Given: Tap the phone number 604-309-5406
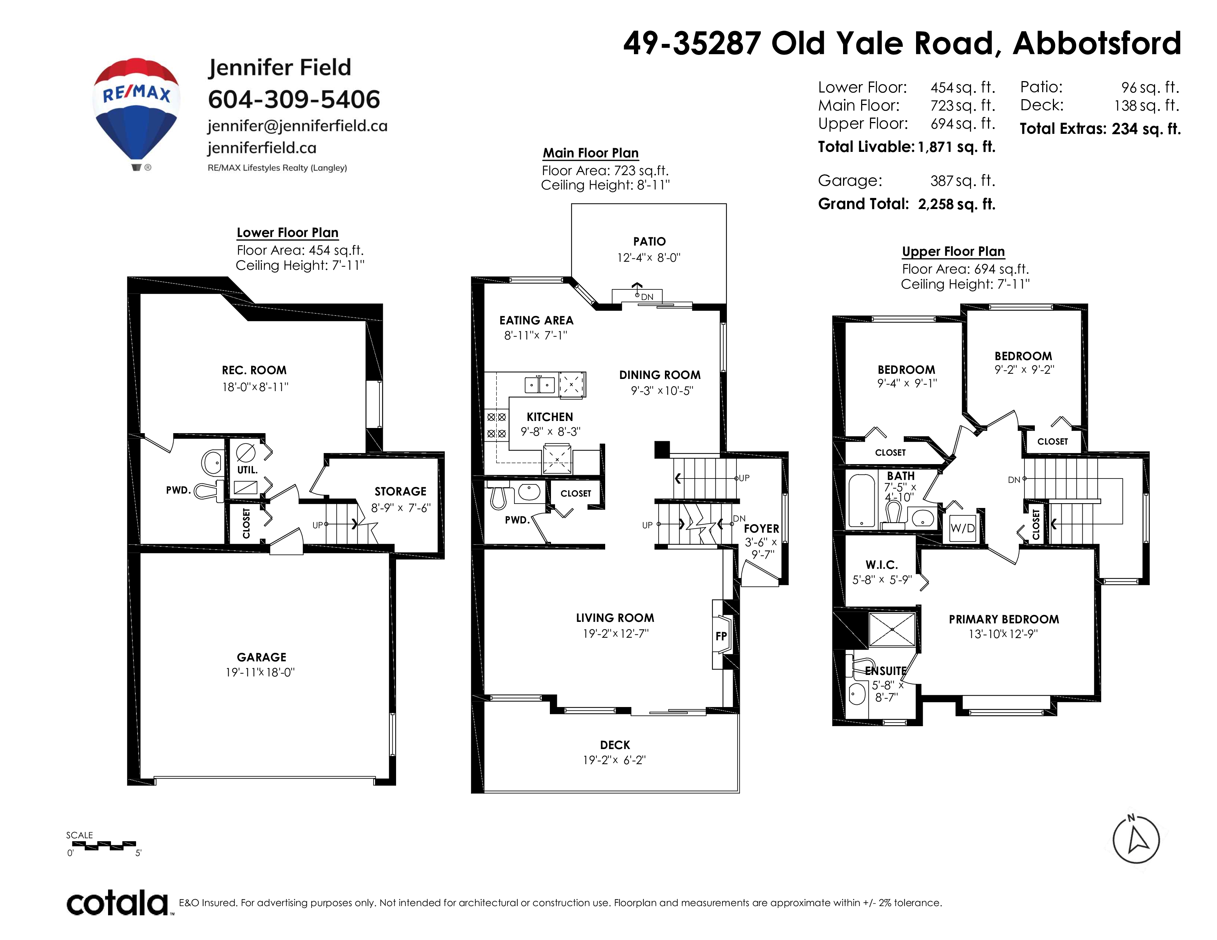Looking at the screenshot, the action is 294,99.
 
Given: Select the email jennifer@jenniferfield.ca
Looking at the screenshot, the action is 298,126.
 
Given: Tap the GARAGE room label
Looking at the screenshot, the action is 261,657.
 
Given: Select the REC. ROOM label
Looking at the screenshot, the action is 254,370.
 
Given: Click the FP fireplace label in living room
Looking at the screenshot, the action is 721,636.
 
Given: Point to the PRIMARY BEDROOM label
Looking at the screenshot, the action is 1003,619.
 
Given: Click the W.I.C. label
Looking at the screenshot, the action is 881,565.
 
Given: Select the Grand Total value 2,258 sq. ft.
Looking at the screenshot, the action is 956,204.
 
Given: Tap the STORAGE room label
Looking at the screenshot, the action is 400,491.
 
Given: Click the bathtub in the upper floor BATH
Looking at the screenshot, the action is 861,501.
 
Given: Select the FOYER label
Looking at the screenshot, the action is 761,529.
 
